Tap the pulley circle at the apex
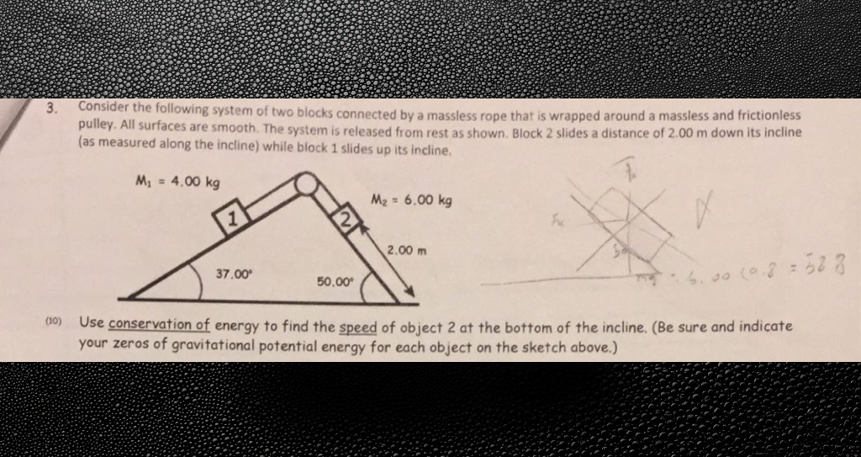point(307,183)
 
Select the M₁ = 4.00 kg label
point(177,183)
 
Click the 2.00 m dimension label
point(408,250)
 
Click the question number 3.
point(52,108)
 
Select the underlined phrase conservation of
point(159,324)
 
